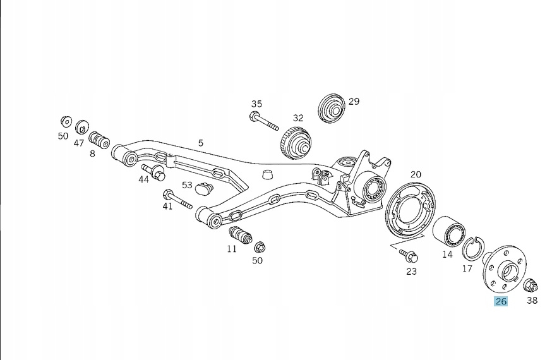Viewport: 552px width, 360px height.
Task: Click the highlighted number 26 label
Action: click(x=501, y=301)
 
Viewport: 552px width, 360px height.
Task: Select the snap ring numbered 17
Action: click(x=473, y=248)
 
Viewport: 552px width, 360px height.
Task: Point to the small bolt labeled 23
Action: click(x=409, y=255)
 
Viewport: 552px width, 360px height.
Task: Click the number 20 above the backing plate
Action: click(x=416, y=174)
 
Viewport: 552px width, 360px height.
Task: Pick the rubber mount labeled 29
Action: click(x=332, y=108)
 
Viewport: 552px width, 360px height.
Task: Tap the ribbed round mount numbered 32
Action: click(x=296, y=143)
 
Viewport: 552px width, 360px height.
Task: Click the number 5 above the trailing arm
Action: click(x=201, y=143)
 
